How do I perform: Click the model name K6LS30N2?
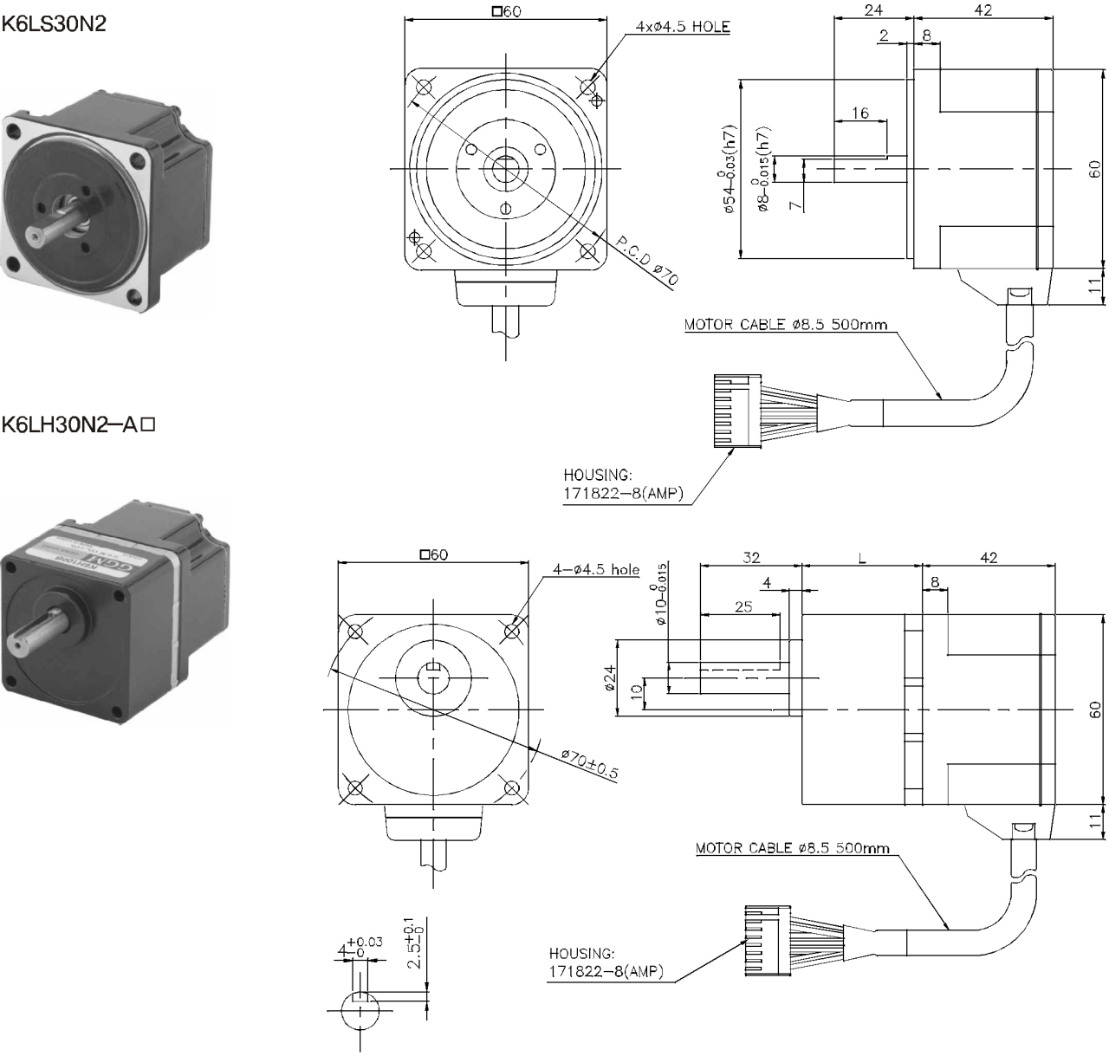tap(54, 23)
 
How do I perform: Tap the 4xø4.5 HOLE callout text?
tap(682, 27)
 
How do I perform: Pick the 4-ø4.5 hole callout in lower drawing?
tap(596, 569)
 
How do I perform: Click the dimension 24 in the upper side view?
tap(873, 10)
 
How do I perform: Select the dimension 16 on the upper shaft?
tap(859, 113)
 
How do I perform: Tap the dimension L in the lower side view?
tap(861, 559)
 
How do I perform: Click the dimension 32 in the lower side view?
tap(750, 559)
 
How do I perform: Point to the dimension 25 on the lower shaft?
tap(743, 606)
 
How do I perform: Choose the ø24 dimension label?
tap(609, 678)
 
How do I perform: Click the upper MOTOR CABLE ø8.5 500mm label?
tap(785, 326)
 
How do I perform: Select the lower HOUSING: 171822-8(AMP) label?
tap(606, 962)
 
